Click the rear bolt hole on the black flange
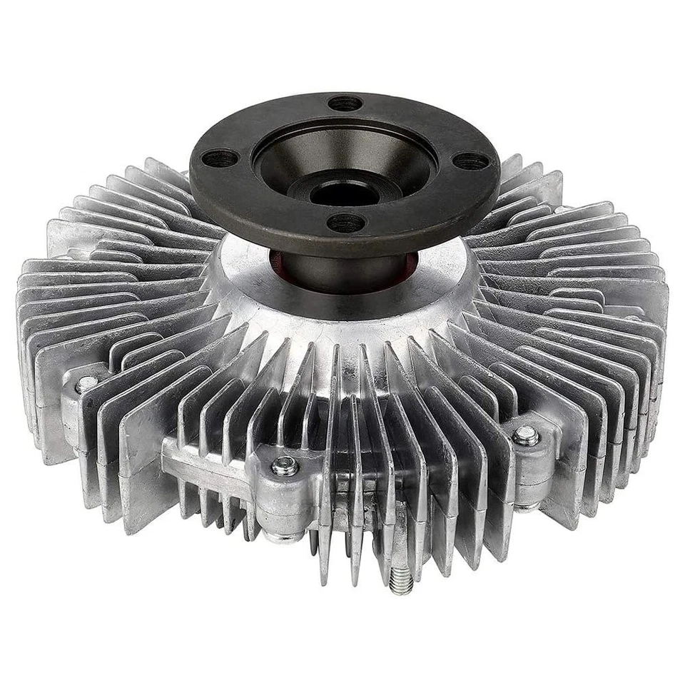click(x=345, y=103)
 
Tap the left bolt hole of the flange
click(x=219, y=158)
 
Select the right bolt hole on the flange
click(x=470, y=161)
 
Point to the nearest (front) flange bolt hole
click(x=345, y=223)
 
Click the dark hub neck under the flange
click(x=335, y=271)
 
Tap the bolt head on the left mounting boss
click(x=87, y=384)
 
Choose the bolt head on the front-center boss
click(x=285, y=465)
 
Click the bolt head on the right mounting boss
click(x=527, y=435)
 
